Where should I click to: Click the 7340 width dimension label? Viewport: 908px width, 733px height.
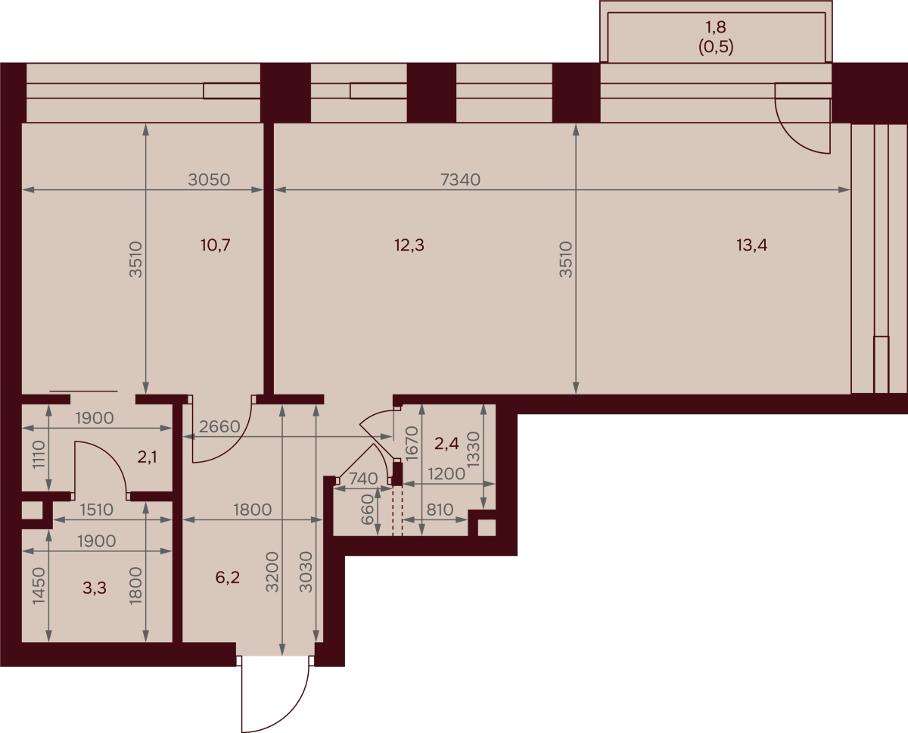click(460, 180)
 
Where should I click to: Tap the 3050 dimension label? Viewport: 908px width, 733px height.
click(209, 180)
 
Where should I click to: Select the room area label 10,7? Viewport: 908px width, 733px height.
click(215, 245)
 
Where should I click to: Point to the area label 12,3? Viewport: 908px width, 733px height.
click(409, 245)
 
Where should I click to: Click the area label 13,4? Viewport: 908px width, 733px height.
click(752, 245)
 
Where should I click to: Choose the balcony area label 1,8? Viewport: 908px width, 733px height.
click(716, 27)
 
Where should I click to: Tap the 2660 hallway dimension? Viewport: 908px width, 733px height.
click(219, 427)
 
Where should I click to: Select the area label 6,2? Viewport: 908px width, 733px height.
click(228, 577)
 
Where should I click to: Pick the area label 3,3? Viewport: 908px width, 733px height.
click(95, 588)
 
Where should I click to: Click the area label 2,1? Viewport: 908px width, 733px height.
click(148, 457)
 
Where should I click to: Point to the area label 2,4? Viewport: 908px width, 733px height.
click(446, 443)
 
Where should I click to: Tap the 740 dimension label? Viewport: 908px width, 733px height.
click(363, 479)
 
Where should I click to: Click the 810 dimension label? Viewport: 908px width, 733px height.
click(440, 510)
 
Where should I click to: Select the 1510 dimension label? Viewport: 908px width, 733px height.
click(97, 510)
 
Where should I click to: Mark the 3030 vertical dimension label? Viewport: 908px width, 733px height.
click(306, 572)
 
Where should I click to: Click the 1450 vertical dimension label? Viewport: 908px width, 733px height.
click(39, 585)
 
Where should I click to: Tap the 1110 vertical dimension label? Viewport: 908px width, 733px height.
click(39, 454)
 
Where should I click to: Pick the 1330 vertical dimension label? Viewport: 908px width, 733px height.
click(474, 449)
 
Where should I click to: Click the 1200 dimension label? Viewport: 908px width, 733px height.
click(446, 475)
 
